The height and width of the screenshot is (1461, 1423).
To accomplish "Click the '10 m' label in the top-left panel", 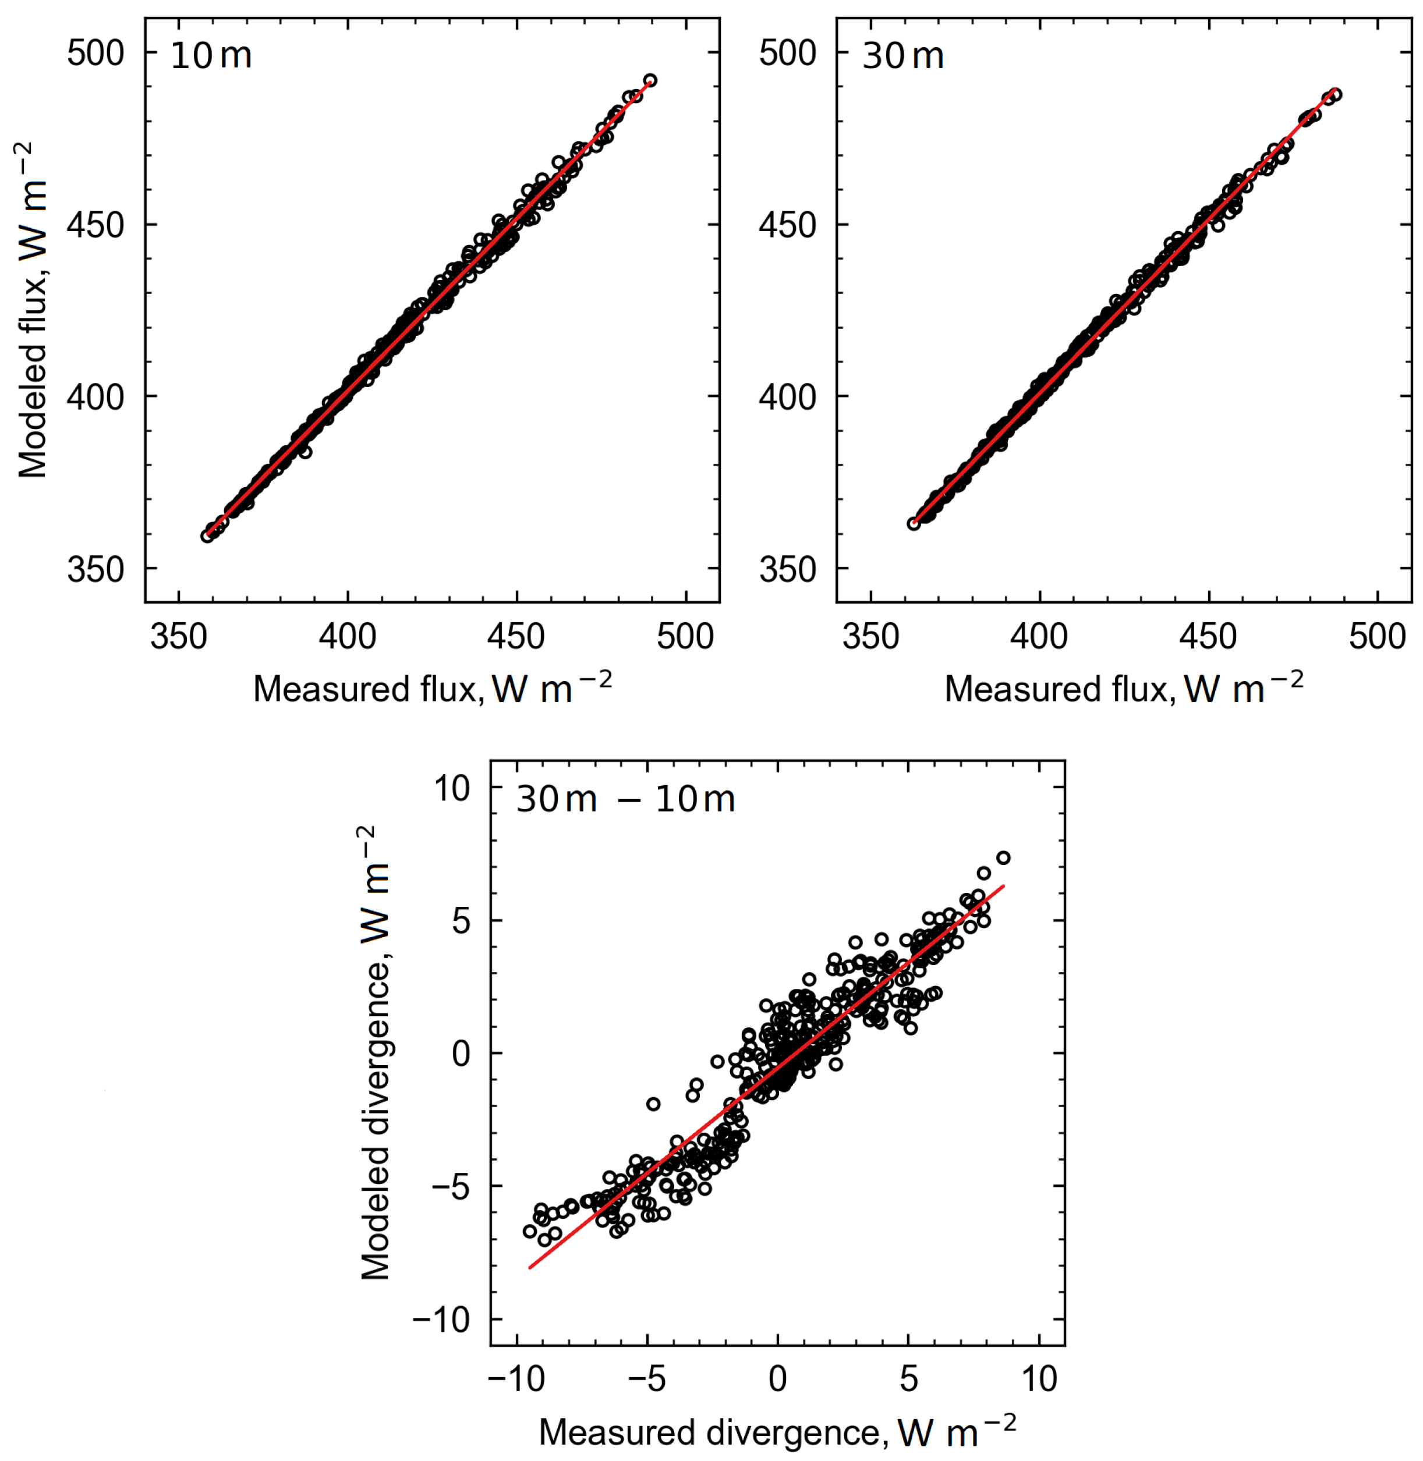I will tap(211, 56).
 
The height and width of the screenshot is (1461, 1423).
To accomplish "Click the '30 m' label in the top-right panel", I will tap(903, 56).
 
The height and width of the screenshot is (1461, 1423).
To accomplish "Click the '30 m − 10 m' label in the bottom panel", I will tap(625, 800).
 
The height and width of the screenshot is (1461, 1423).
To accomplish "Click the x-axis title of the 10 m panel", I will tap(432, 688).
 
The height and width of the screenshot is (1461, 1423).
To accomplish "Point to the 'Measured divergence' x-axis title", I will tap(777, 1432).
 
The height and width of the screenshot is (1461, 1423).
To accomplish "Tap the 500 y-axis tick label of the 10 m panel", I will tap(95, 53).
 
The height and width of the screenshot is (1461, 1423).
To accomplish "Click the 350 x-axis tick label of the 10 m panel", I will tap(179, 637).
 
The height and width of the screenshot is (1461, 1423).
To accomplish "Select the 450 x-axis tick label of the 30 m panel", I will tap(1209, 637).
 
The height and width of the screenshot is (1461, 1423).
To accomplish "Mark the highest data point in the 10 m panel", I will tap(650, 80).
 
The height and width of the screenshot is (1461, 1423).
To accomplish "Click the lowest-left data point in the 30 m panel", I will tap(914, 524).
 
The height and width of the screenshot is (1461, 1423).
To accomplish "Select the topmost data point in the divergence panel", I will tap(1003, 858).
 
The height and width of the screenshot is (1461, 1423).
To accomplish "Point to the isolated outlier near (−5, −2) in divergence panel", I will tap(653, 1104).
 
